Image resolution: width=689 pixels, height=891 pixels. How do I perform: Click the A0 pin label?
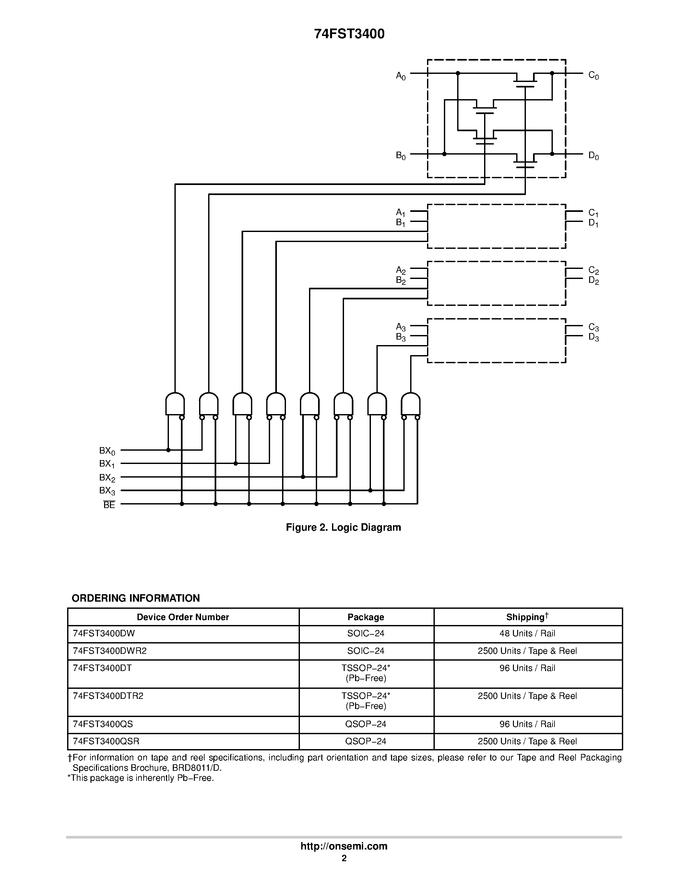pos(401,76)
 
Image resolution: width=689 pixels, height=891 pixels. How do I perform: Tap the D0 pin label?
pos(593,156)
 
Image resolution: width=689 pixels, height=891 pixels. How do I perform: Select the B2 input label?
pos(401,281)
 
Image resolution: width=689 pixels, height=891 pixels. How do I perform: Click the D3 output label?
pos(593,337)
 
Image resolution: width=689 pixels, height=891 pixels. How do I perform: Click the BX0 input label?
pos(107,451)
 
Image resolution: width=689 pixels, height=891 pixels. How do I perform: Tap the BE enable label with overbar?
pos(109,505)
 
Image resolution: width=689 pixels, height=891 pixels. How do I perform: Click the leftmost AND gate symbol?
pos(175,404)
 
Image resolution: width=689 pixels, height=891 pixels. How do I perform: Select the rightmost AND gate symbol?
pos(410,404)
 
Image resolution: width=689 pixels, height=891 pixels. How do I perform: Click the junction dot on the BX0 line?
pos(168,450)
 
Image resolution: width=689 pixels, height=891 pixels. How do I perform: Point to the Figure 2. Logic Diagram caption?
pos(343,527)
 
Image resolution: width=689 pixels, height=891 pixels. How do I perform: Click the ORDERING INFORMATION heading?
pos(136,598)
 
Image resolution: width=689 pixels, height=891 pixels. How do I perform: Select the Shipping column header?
pos(527,617)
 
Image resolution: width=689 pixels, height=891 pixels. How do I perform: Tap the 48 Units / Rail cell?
pos(527,633)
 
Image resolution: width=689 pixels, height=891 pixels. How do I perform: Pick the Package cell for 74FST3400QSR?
pos(366,741)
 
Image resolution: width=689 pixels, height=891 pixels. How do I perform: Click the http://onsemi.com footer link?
pos(344,846)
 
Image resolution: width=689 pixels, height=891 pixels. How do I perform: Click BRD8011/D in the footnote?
pos(197,768)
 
